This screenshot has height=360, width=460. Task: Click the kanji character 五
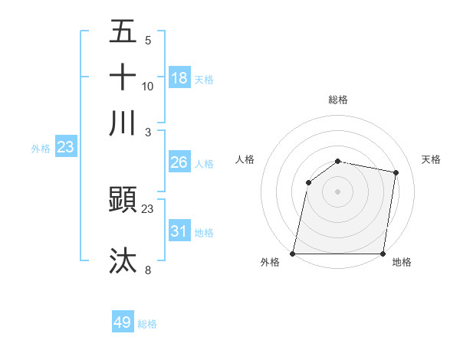(x=123, y=31)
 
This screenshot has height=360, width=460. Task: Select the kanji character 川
(x=123, y=123)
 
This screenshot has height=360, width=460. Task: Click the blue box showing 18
(x=179, y=78)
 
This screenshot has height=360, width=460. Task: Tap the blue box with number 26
(x=179, y=162)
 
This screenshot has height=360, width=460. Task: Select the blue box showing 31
(x=179, y=231)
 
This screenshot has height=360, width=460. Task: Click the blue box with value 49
(x=123, y=322)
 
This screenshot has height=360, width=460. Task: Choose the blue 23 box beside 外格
(x=65, y=148)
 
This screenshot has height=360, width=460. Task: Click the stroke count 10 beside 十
(x=148, y=86)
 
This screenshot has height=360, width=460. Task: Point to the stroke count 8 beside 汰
(x=148, y=270)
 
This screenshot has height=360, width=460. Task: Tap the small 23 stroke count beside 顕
(x=148, y=208)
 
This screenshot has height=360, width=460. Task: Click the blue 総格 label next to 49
(x=147, y=324)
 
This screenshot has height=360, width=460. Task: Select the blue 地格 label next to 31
(x=204, y=233)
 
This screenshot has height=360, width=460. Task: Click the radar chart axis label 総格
(x=338, y=100)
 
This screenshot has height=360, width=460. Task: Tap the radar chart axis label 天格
(x=432, y=159)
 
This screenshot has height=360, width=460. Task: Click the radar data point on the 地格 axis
(x=383, y=254)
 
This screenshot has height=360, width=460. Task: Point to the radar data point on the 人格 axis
(x=308, y=182)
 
